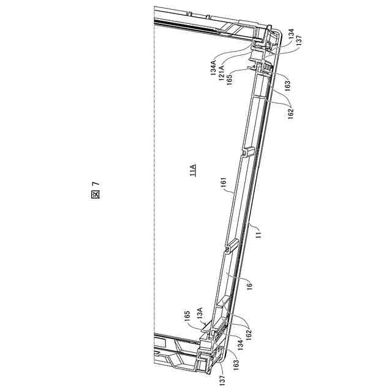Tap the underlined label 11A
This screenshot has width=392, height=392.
tap(192, 170)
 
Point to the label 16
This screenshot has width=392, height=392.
tap(250, 285)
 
